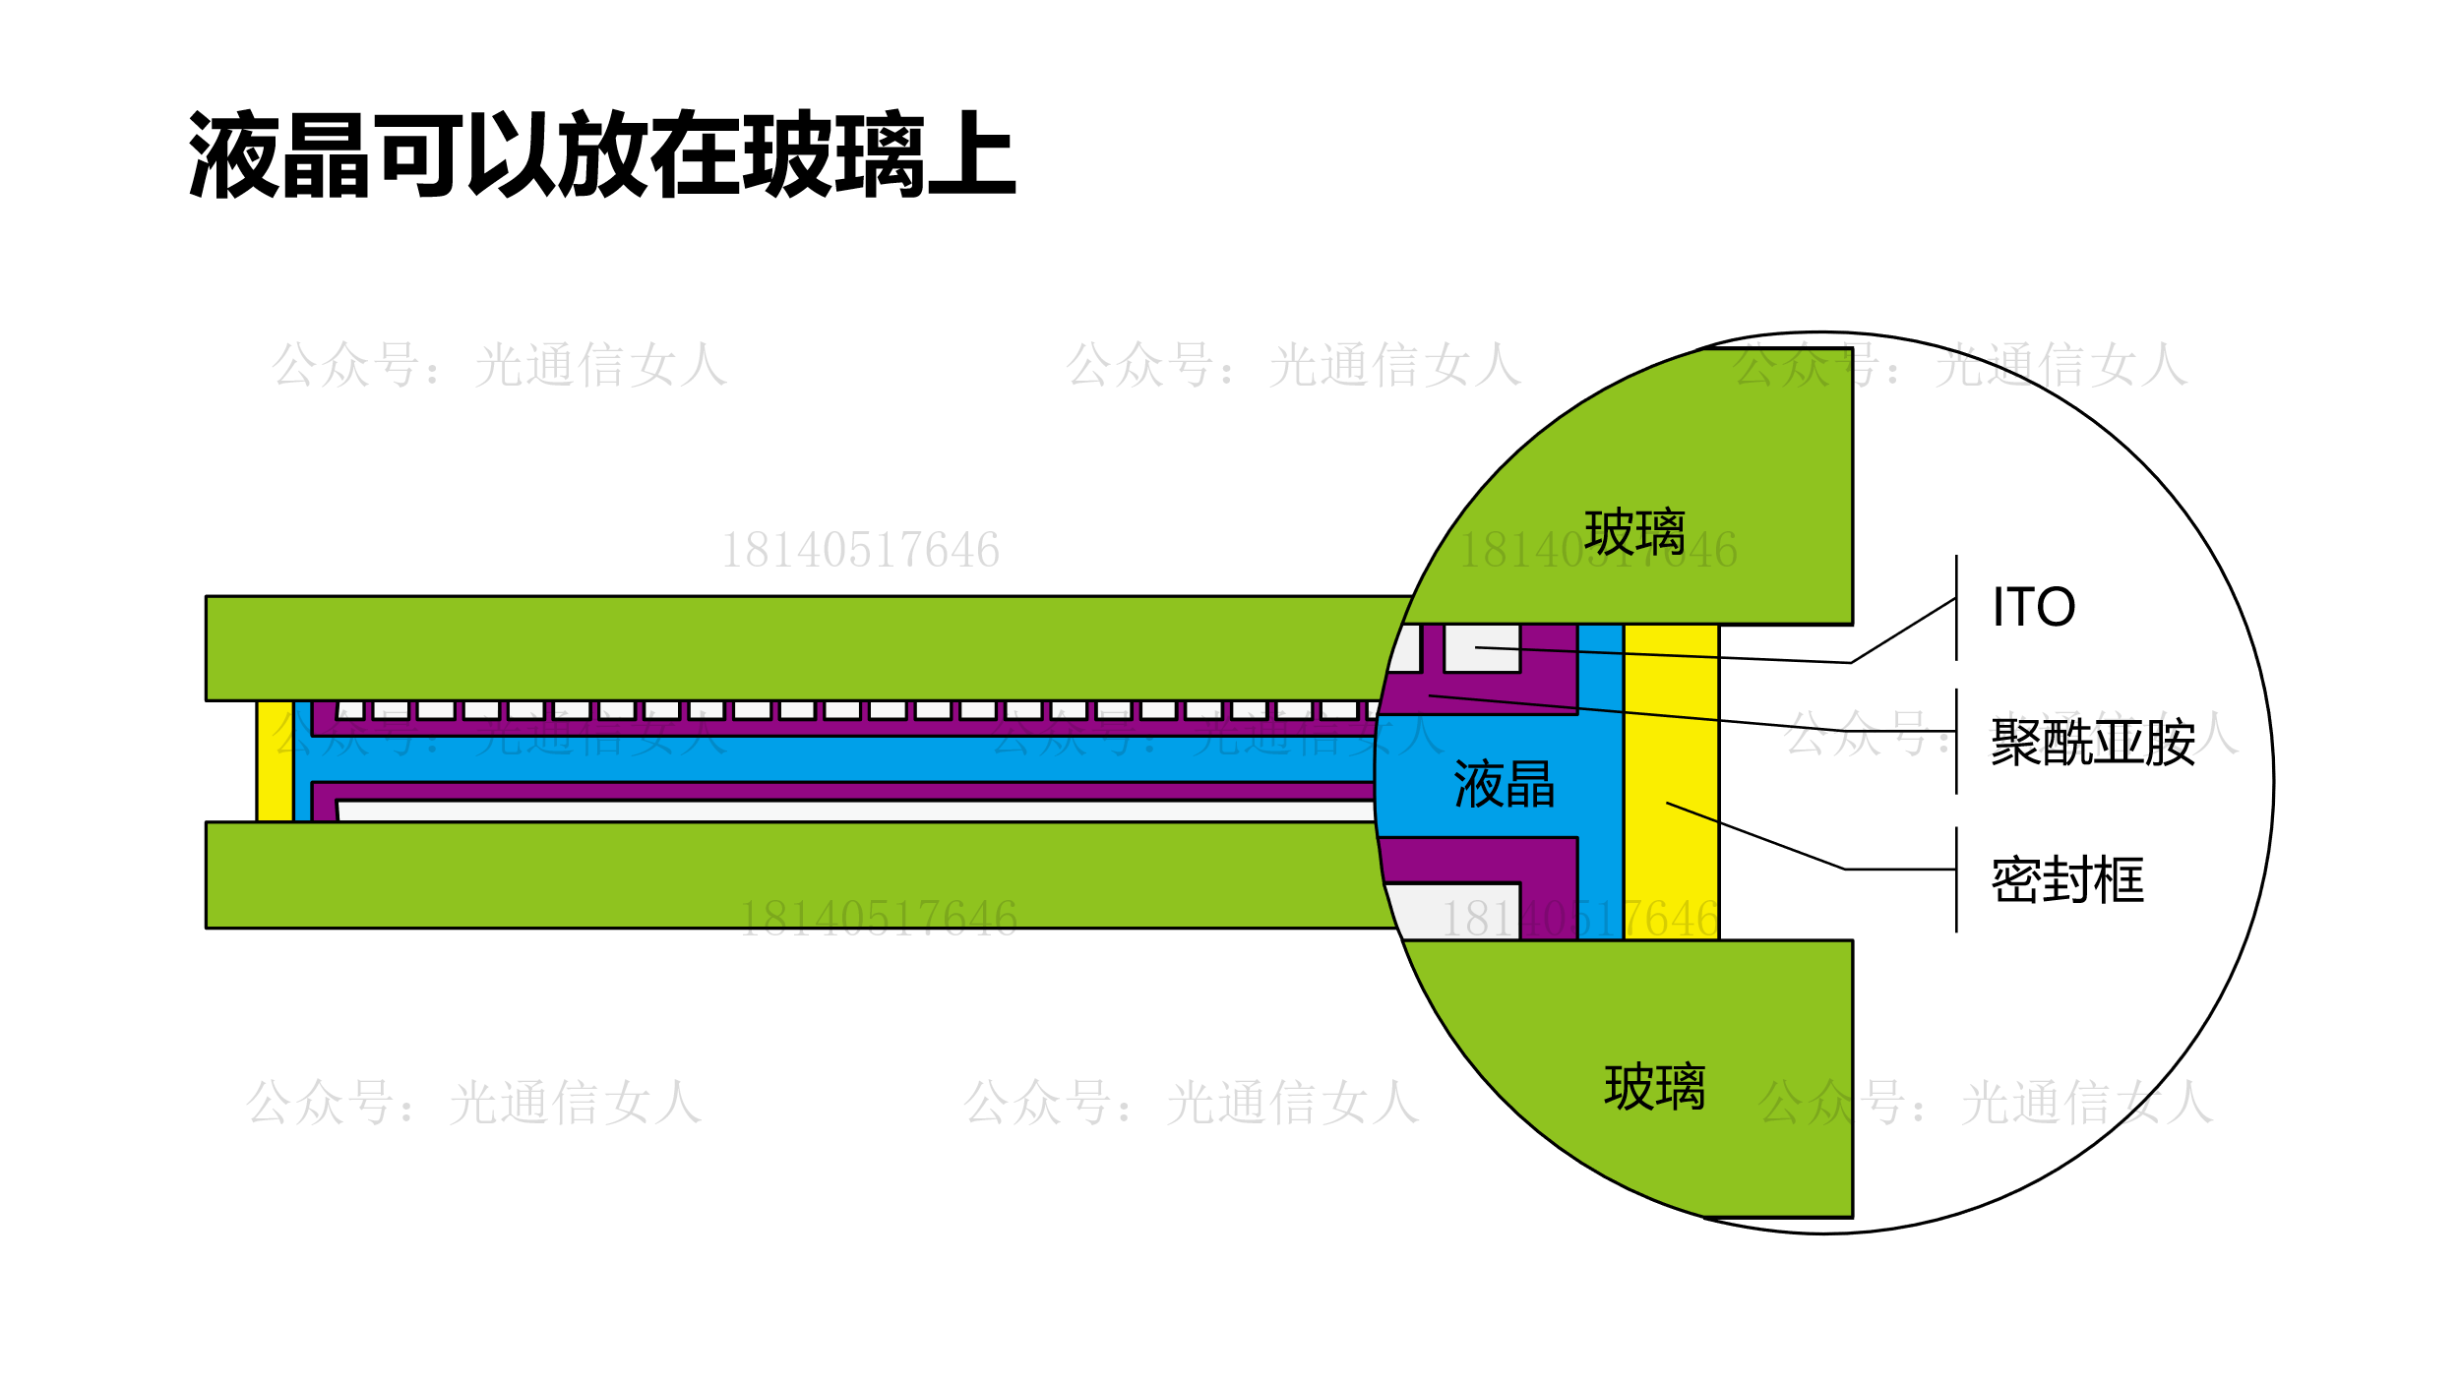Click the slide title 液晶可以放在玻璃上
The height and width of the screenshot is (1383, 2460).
click(601, 154)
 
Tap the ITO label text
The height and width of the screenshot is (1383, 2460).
click(2033, 607)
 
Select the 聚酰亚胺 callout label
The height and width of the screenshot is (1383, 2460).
click(2093, 742)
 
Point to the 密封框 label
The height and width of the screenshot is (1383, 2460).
click(2067, 880)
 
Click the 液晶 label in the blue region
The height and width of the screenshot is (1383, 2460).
click(1504, 784)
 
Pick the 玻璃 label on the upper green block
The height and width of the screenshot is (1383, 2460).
click(1634, 532)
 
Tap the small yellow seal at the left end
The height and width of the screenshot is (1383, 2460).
click(275, 760)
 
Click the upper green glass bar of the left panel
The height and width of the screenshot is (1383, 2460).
click(787, 647)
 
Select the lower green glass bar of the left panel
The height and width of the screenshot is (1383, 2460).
click(787, 874)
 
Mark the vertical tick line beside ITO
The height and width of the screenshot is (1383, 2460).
click(1956, 608)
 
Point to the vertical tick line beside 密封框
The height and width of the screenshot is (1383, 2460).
click(1956, 879)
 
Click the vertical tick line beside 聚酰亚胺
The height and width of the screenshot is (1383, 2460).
click(1956, 742)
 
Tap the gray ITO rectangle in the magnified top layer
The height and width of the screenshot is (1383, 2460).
click(1482, 647)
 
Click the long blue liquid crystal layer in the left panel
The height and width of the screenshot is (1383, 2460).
click(836, 758)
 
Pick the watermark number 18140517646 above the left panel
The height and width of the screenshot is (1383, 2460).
click(860, 550)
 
